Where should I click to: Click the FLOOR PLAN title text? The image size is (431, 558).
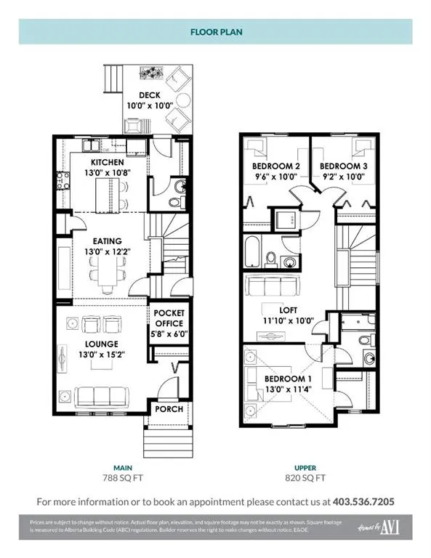pyautogui.click(x=215, y=32)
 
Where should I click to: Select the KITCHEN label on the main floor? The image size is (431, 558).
pyautogui.click(x=108, y=161)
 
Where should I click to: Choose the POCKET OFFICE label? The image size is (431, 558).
pyautogui.click(x=169, y=318)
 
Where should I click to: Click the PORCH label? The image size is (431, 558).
pyautogui.click(x=169, y=409)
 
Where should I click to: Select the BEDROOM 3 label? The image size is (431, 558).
pyautogui.click(x=344, y=166)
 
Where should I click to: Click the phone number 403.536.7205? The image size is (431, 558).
pyautogui.click(x=363, y=501)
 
